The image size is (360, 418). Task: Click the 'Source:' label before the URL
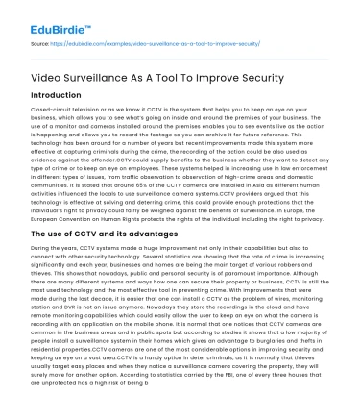[x=42, y=43]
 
